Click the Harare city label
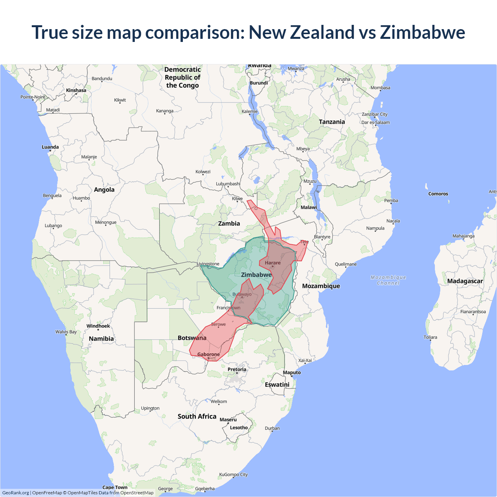[273, 263]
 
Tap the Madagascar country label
[465, 281]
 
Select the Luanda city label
[50, 147]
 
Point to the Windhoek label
[98, 326]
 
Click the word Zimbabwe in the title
[422, 32]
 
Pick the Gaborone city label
[209, 354]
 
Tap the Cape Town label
[115, 487]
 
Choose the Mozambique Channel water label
[388, 280]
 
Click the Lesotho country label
[239, 427]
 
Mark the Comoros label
[438, 194]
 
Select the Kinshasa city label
[76, 90]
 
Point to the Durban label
[272, 428]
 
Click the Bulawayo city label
[242, 294]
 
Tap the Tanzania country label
[332, 122]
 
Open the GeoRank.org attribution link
[16, 493]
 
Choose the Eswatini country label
[277, 385]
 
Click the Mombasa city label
[380, 88]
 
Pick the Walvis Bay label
[66, 332]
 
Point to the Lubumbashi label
[228, 184]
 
